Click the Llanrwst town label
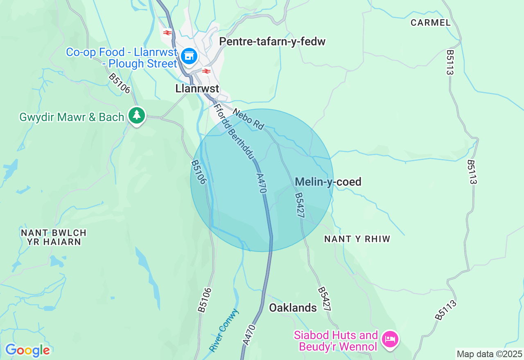(197, 88)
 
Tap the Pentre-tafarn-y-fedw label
(272, 41)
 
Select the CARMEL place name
(431, 23)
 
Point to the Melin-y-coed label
(328, 182)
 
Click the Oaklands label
(293, 308)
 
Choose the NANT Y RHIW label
(357, 239)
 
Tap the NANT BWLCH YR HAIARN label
(54, 237)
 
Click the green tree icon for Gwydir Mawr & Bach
(137, 115)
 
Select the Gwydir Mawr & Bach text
(72, 117)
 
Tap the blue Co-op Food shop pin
(189, 56)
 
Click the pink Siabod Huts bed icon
(390, 339)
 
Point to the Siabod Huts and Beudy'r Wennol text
(336, 341)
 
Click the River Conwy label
(224, 330)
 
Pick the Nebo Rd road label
(248, 119)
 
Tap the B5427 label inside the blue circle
(299, 205)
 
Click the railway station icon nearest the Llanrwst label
(206, 71)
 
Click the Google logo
(27, 350)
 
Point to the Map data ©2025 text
(489, 354)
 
